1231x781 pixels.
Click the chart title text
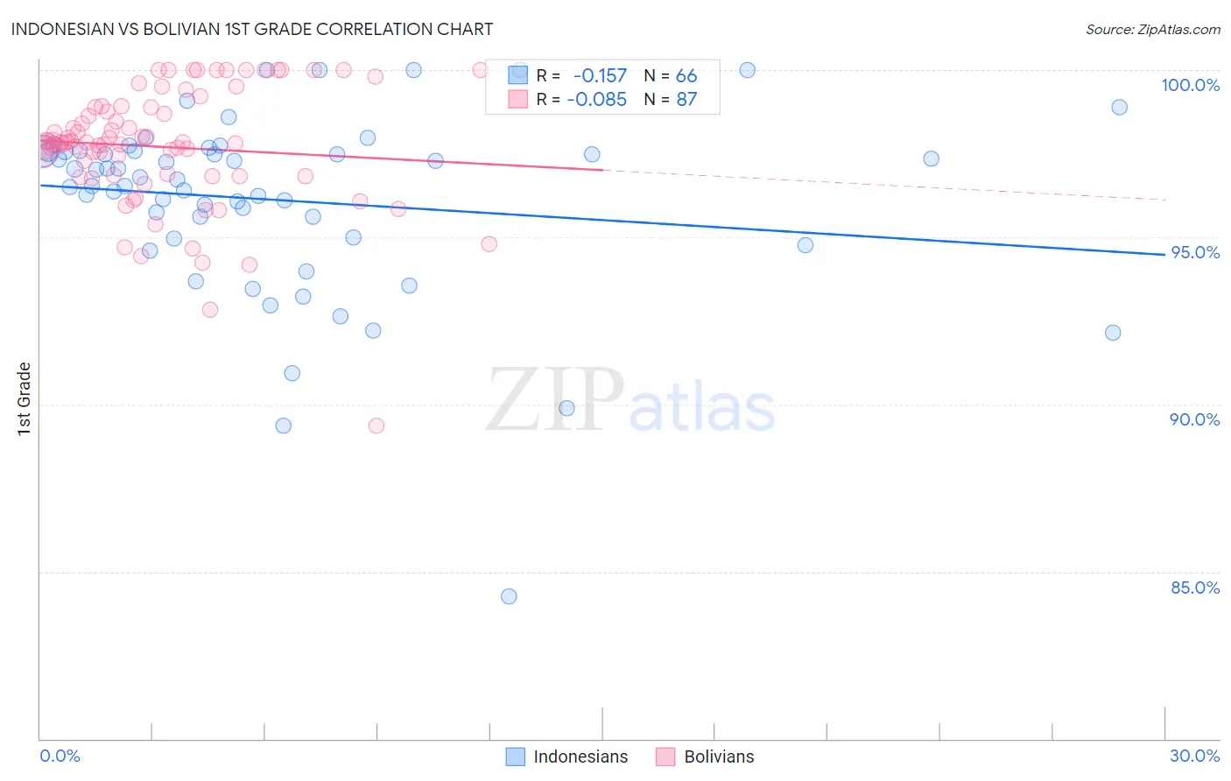(x=252, y=29)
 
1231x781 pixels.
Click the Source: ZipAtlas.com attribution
(x=1152, y=30)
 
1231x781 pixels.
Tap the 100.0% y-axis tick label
(x=1190, y=85)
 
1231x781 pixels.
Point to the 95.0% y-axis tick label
(x=1195, y=252)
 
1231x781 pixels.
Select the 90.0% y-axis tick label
(x=1194, y=419)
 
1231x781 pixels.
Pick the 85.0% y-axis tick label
(x=1195, y=588)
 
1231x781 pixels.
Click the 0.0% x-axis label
(x=60, y=756)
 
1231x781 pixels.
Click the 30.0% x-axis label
(x=1194, y=756)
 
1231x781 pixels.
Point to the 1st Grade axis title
(x=25, y=398)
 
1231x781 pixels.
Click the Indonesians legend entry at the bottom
(x=580, y=756)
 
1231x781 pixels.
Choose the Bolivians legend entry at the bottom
(x=718, y=756)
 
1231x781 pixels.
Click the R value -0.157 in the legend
(x=600, y=76)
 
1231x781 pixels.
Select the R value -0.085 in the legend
(x=596, y=100)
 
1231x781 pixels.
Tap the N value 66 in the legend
(x=686, y=76)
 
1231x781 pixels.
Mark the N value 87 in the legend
(x=686, y=100)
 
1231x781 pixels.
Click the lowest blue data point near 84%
(x=509, y=596)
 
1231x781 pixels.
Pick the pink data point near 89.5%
(x=376, y=426)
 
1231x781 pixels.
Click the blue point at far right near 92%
(x=1113, y=333)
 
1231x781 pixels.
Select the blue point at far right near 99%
(x=1119, y=107)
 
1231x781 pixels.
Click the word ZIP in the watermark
(x=555, y=401)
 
